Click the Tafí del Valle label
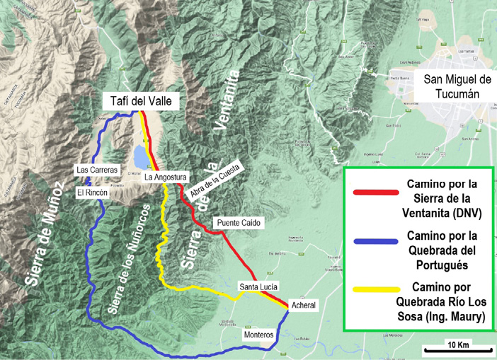click(140, 102)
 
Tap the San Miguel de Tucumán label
click(457, 86)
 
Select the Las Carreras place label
click(98, 170)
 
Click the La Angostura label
click(165, 178)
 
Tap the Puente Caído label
click(238, 223)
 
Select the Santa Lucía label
click(259, 286)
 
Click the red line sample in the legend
click(377, 191)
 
